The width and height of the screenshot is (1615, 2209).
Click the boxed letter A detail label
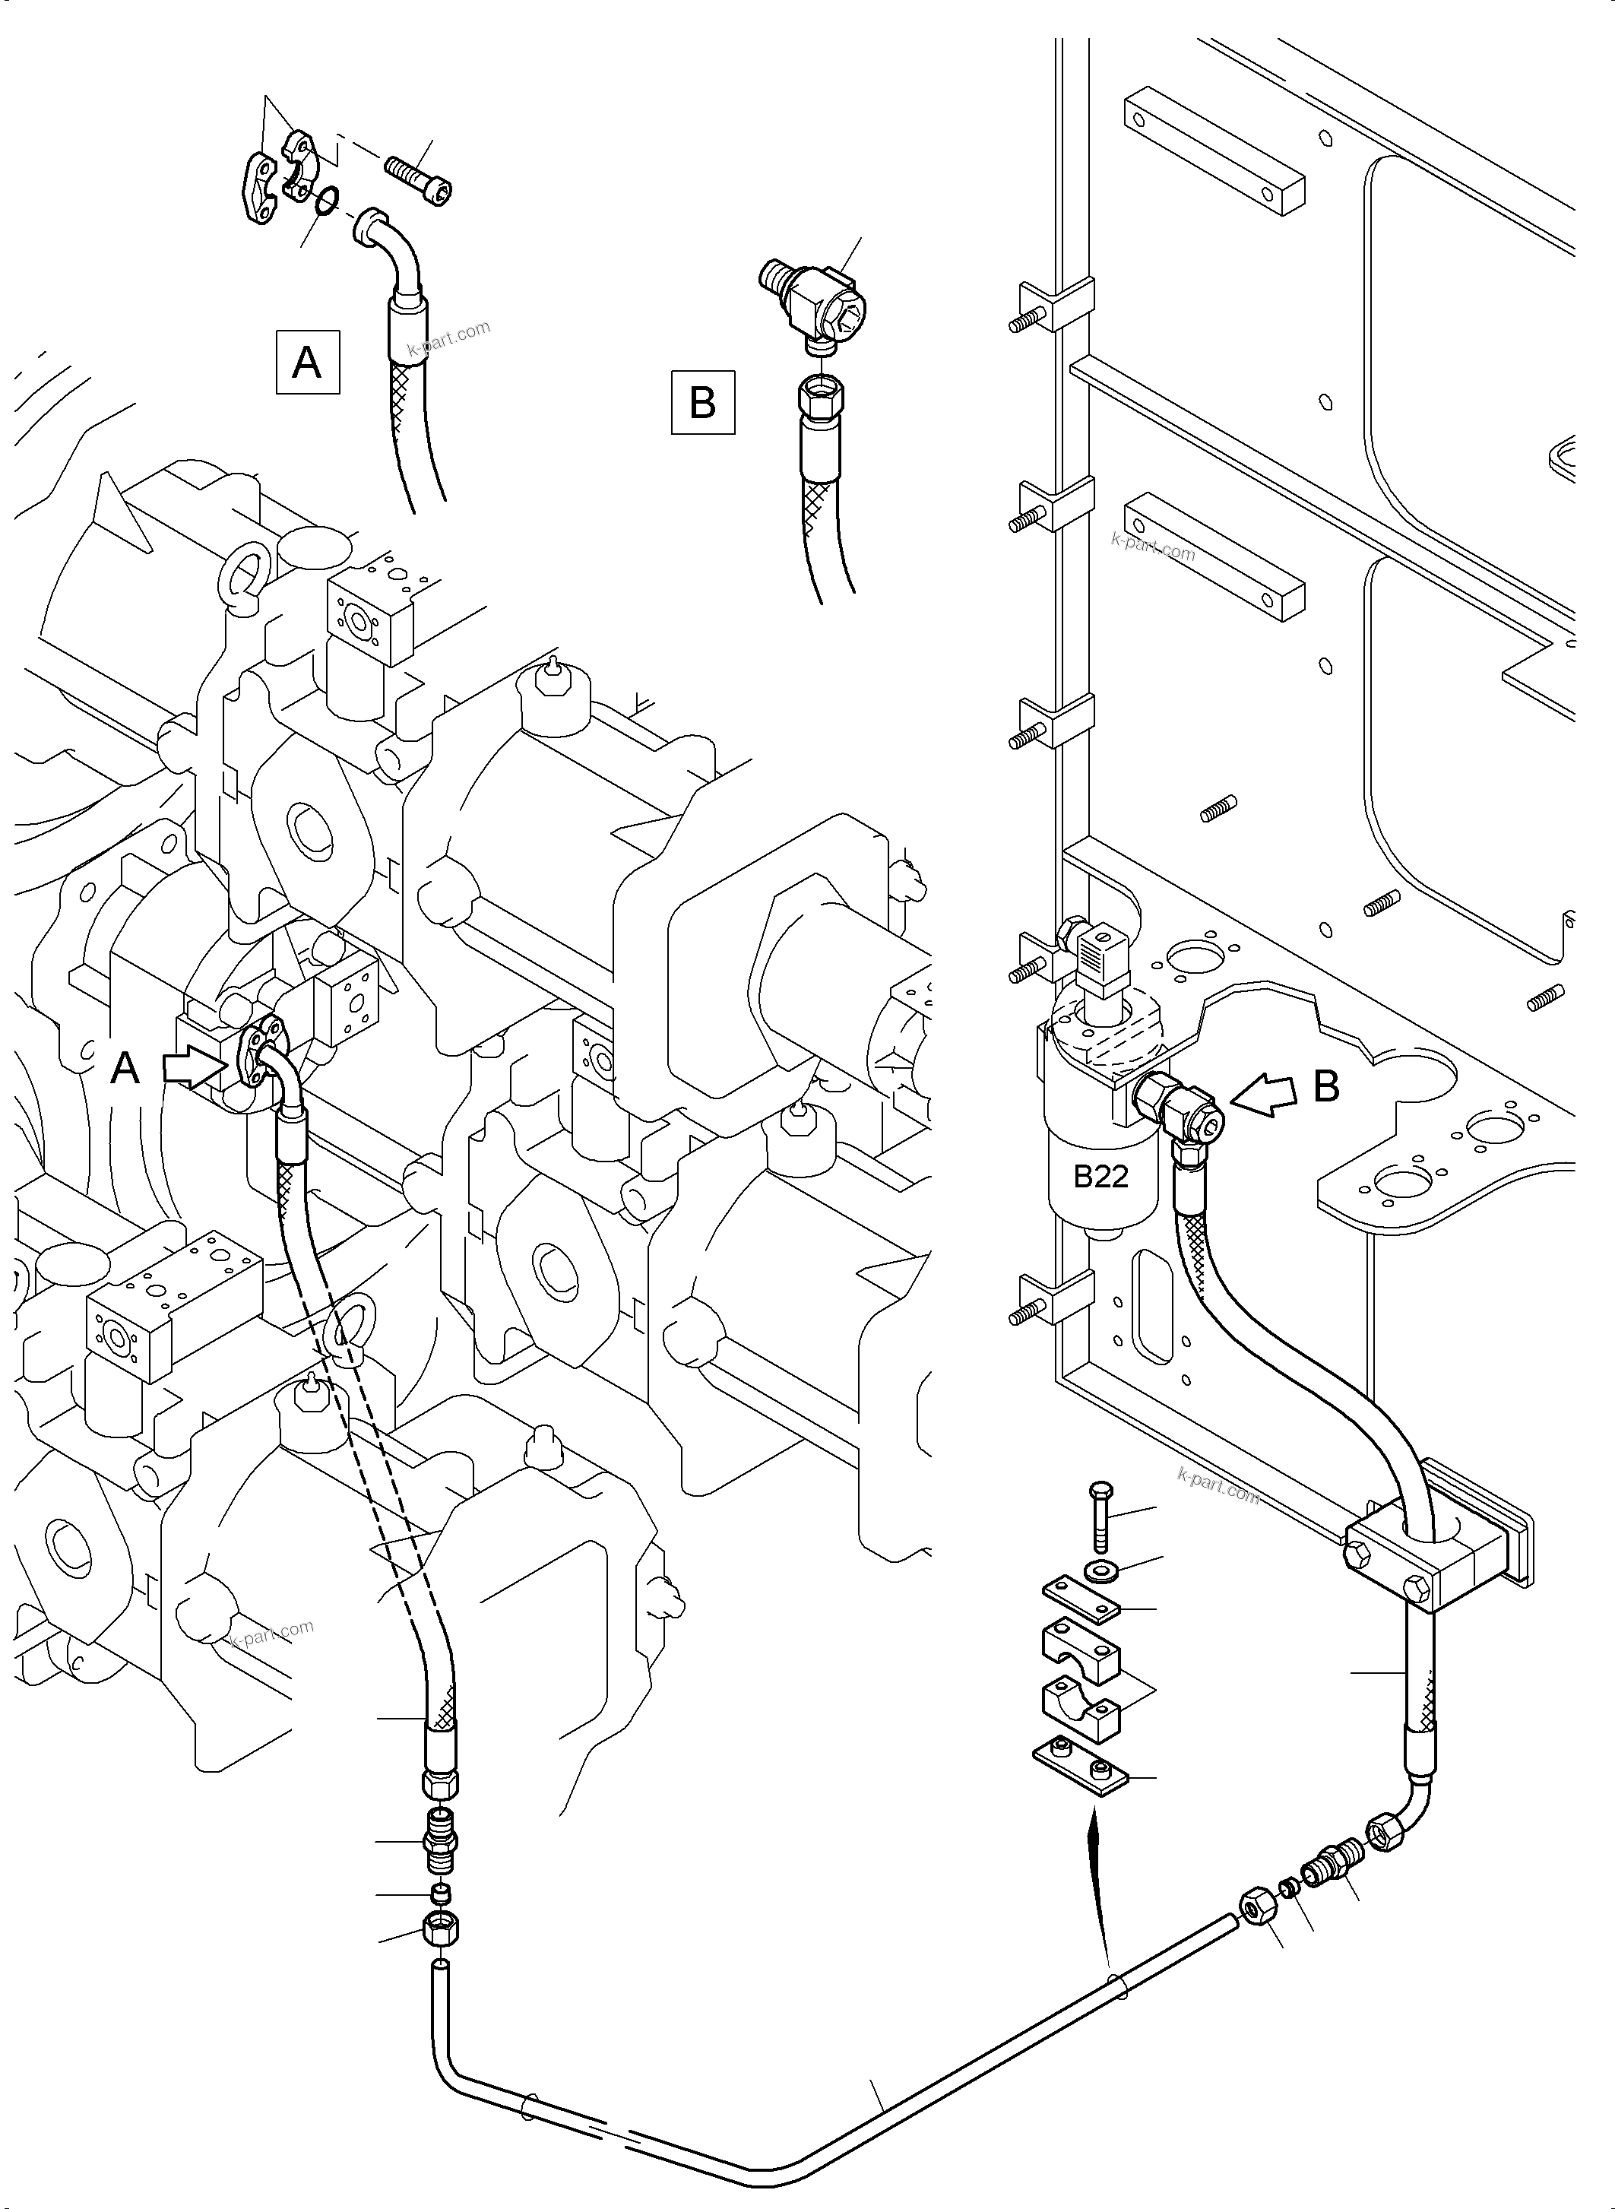307,363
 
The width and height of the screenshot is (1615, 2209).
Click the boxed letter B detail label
702,402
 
